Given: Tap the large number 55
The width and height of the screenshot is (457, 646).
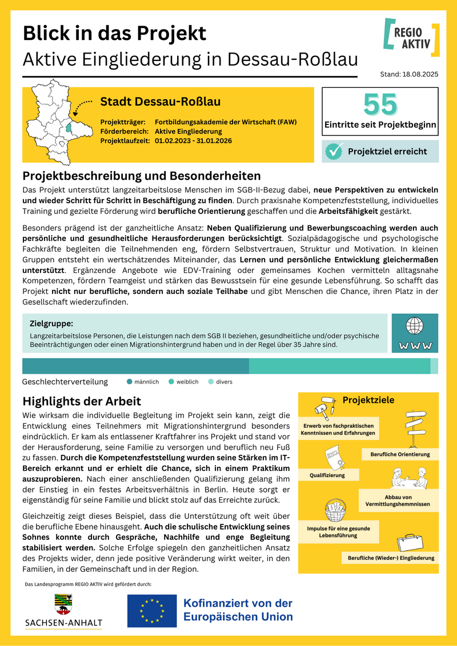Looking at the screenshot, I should [380, 104].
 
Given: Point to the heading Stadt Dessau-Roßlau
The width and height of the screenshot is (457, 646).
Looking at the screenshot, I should [161, 102].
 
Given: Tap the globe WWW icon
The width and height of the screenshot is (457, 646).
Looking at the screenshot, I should [415, 333].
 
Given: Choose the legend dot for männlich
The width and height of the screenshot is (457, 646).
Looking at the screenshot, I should [129, 382].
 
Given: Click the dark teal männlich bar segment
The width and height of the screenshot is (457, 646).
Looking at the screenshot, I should [135, 366].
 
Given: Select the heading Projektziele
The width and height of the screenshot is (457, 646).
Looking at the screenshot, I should [368, 400].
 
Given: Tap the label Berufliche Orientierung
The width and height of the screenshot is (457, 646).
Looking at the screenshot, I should [400, 454].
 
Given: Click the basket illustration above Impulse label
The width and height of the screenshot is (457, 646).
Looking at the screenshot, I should [334, 509].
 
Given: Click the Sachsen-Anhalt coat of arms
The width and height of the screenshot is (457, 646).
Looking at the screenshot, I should [63, 603].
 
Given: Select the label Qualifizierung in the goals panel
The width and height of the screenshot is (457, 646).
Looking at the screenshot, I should [327, 475].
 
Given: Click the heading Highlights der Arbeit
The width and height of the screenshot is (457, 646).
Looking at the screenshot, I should [82, 402].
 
